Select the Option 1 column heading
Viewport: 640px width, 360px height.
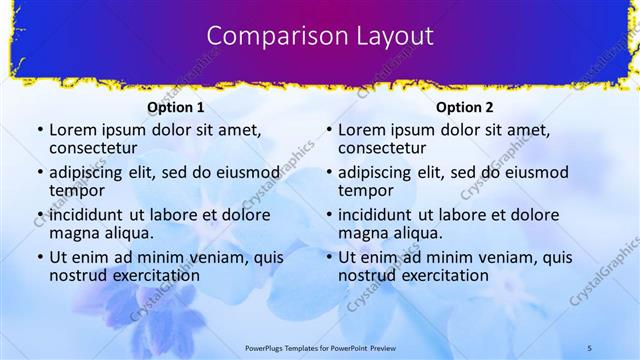(x=175, y=107)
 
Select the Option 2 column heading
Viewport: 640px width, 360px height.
(x=465, y=107)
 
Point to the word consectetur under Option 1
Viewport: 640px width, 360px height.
(x=93, y=149)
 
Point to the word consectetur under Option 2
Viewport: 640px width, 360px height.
(x=382, y=149)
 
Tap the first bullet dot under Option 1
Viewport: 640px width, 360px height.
(x=40, y=130)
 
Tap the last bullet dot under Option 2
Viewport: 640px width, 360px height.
(x=329, y=257)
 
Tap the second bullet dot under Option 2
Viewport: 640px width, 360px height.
(x=329, y=172)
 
